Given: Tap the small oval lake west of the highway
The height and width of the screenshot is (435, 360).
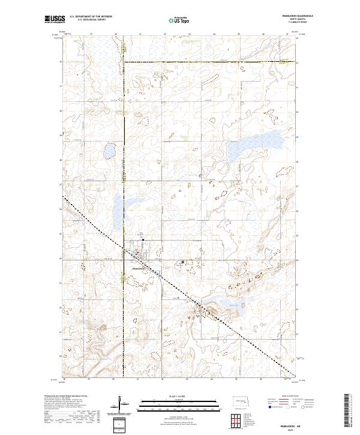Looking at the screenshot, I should point(110,151).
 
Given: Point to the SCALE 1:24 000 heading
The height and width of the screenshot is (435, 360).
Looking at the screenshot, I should point(179,397).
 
